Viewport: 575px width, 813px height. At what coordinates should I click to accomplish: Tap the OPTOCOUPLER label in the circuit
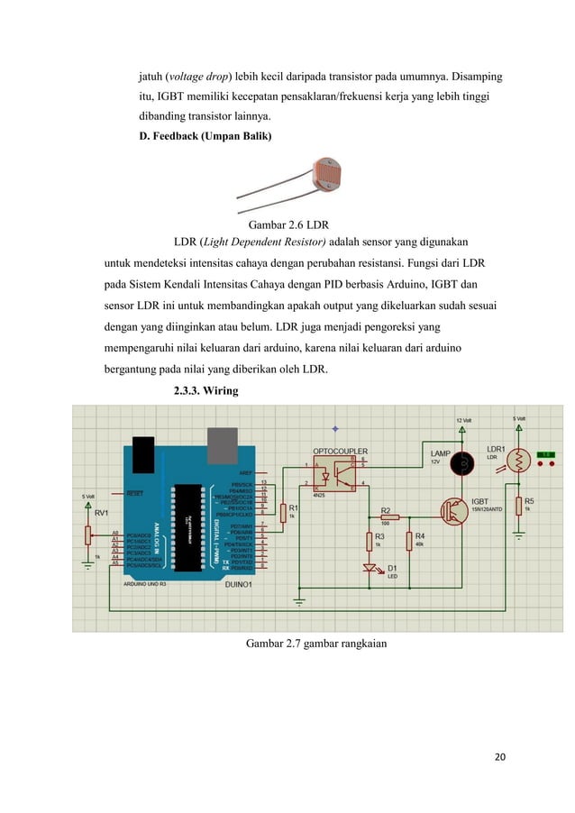(341, 450)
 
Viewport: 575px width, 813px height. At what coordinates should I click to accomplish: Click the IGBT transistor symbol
(452, 509)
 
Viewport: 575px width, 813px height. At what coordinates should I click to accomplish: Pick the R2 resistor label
(386, 509)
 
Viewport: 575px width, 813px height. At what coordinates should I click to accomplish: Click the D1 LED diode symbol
(369, 568)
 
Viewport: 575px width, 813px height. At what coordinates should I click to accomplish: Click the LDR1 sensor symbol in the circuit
(519, 461)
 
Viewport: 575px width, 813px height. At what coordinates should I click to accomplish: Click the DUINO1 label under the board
(236, 584)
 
